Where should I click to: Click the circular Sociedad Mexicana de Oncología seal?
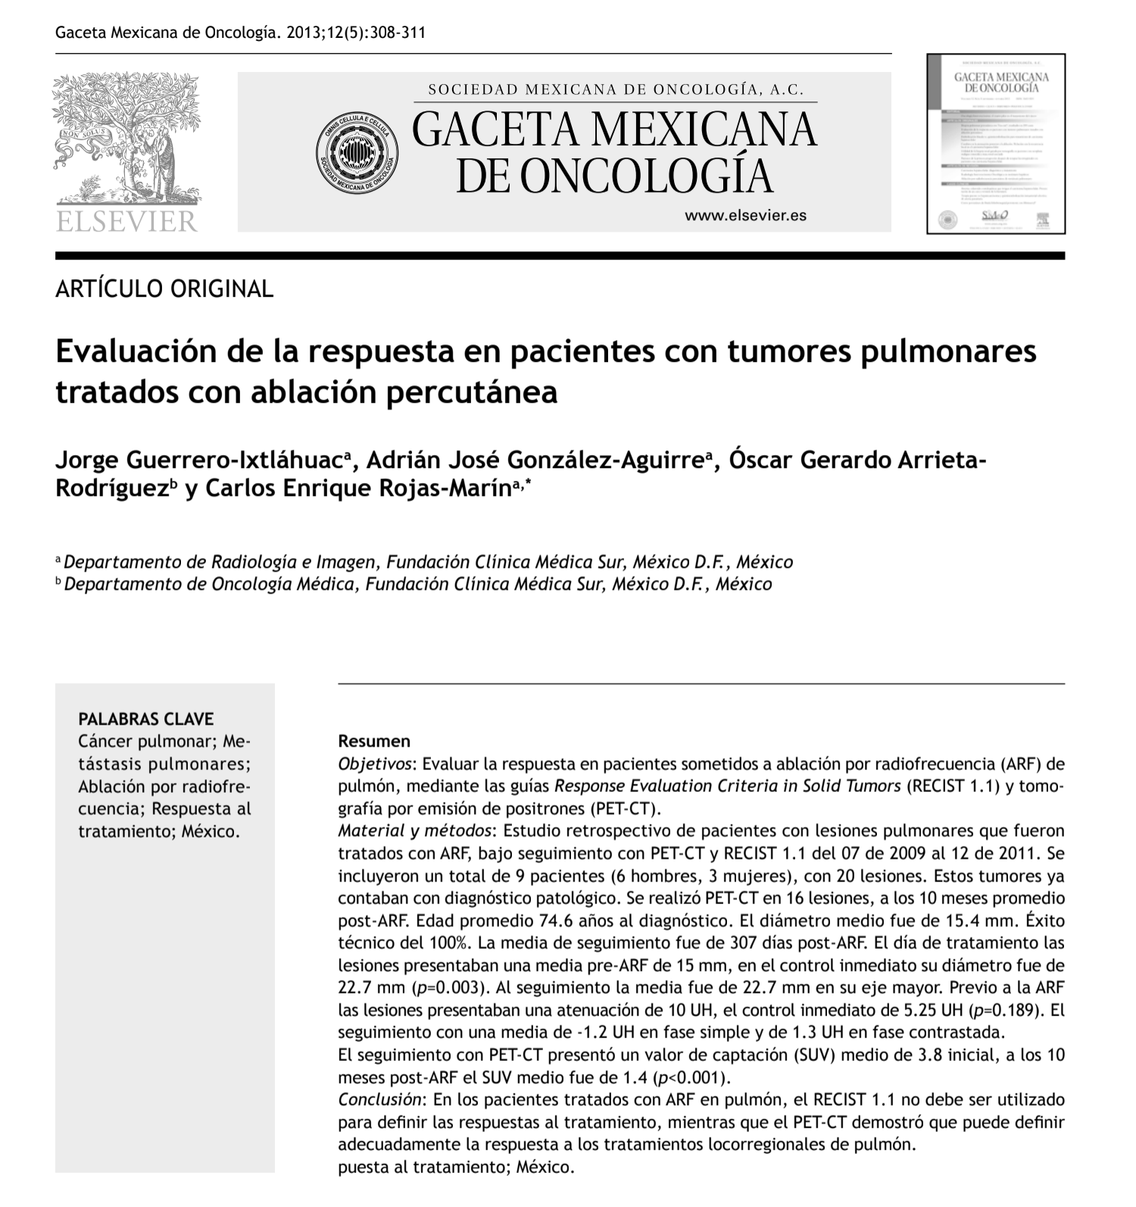click(x=357, y=152)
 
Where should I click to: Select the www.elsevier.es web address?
click(x=745, y=215)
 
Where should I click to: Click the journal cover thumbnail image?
click(x=996, y=143)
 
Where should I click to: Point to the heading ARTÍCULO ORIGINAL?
click(x=164, y=288)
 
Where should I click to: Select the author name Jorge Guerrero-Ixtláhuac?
click(x=198, y=460)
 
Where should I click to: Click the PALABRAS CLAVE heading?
click(x=146, y=719)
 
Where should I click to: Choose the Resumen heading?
click(x=374, y=741)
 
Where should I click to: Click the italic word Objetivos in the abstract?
click(x=374, y=763)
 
